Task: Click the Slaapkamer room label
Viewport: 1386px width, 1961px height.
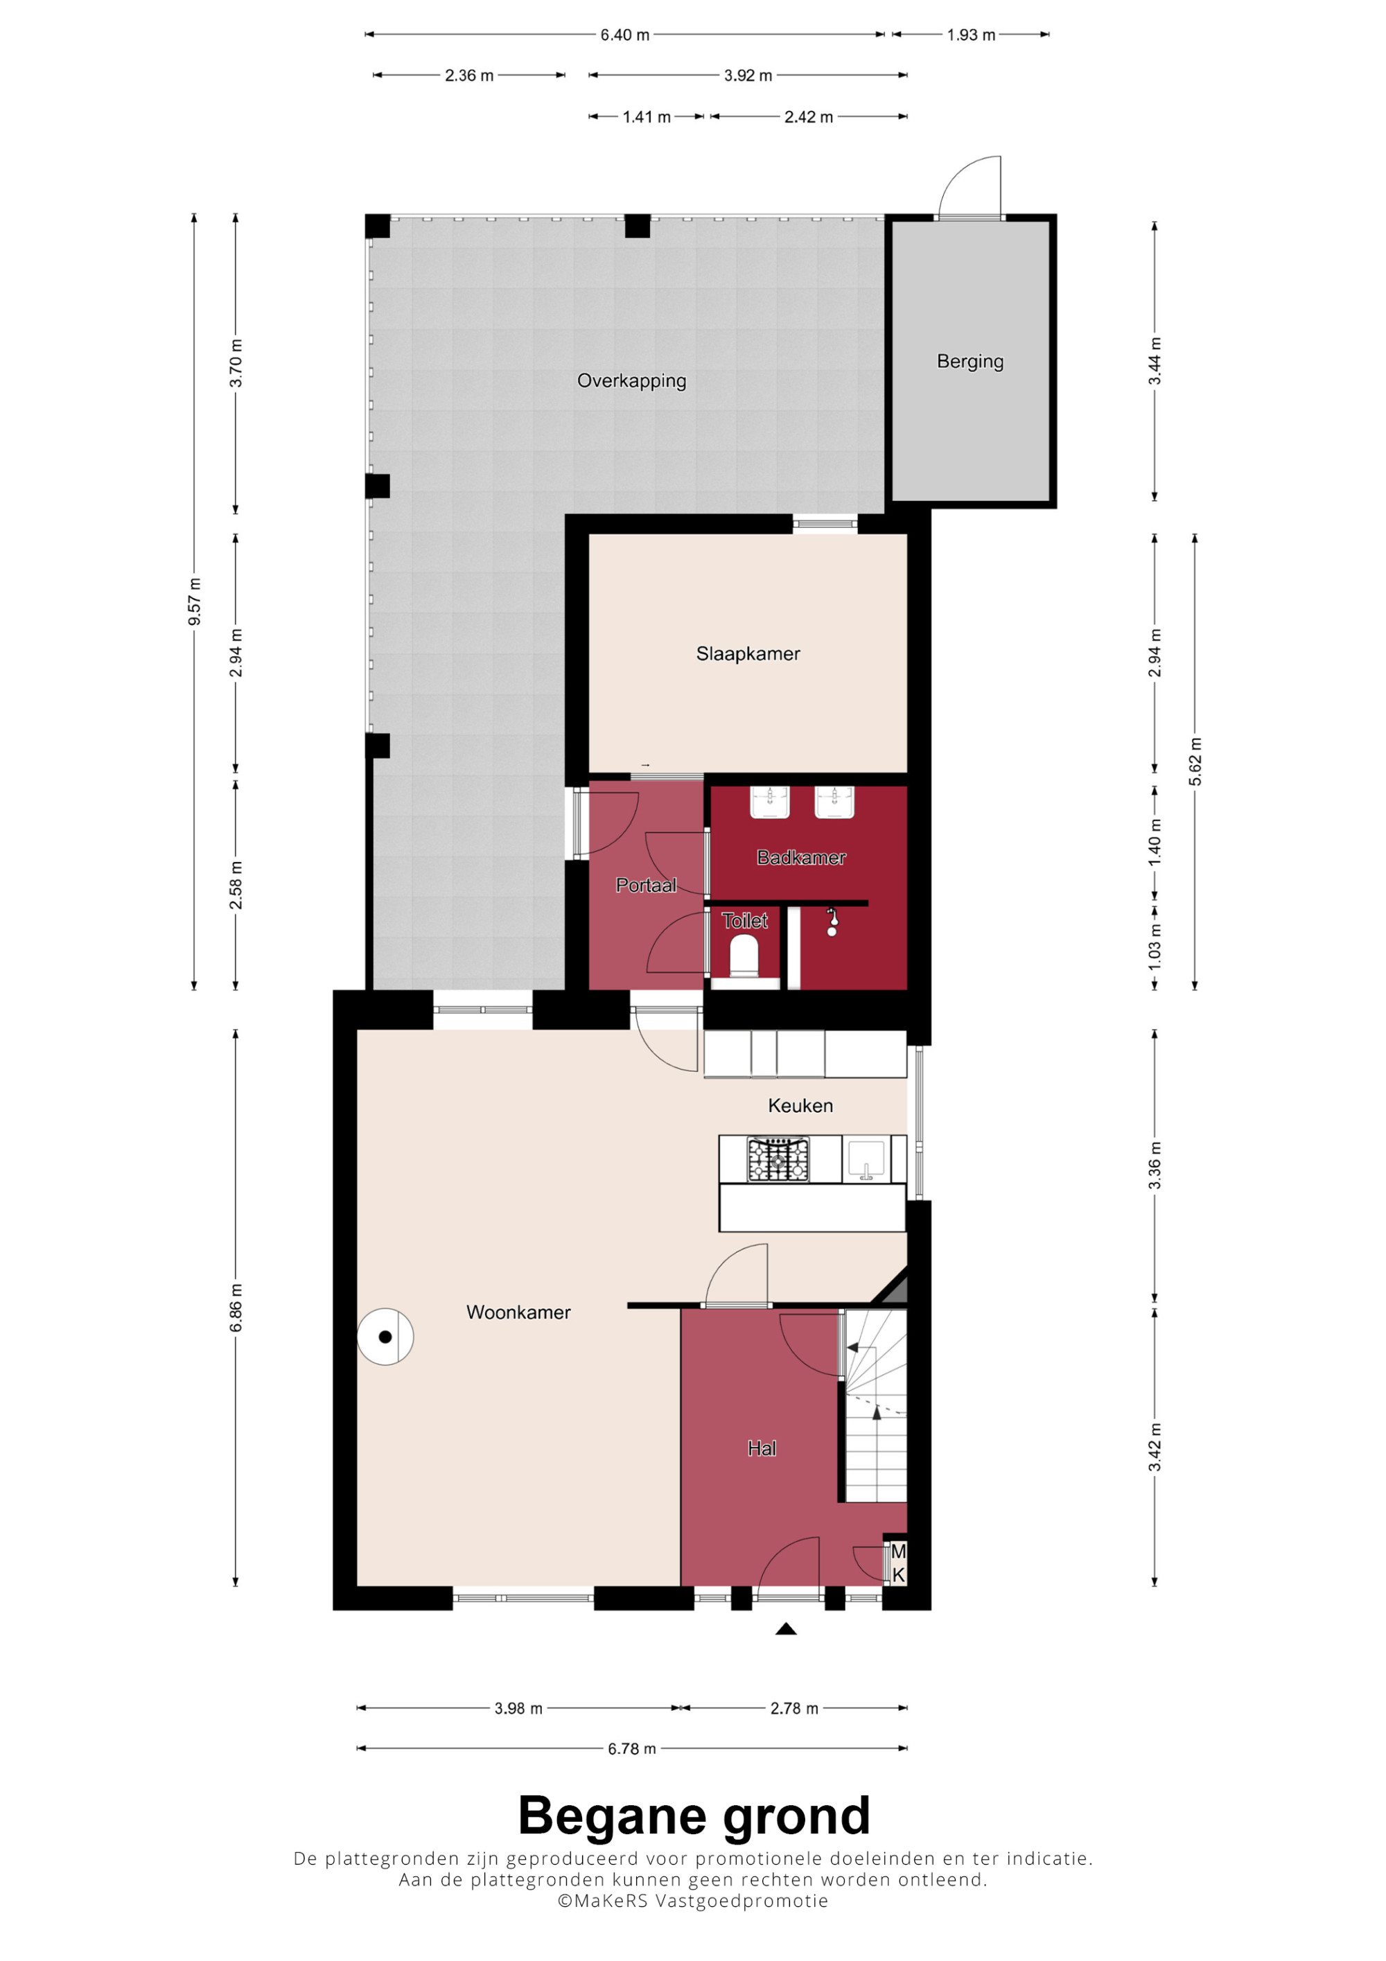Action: point(747,653)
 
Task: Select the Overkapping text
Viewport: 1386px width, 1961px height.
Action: point(631,381)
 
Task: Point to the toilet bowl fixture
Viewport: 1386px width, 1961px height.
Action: point(744,956)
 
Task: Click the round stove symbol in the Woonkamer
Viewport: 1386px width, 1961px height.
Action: point(385,1337)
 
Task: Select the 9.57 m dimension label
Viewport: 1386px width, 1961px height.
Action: point(195,601)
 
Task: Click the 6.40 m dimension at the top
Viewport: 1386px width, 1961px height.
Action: point(624,35)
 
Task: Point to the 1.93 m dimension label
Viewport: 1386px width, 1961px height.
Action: point(971,35)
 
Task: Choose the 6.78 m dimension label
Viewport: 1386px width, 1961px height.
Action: point(632,1748)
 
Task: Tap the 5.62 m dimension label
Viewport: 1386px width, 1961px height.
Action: point(1195,761)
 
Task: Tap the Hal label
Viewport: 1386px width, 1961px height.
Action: point(762,1448)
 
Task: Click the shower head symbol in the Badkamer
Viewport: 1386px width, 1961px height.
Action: point(832,922)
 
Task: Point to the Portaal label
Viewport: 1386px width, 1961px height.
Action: point(647,886)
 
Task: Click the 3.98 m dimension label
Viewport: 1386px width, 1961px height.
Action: point(518,1708)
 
